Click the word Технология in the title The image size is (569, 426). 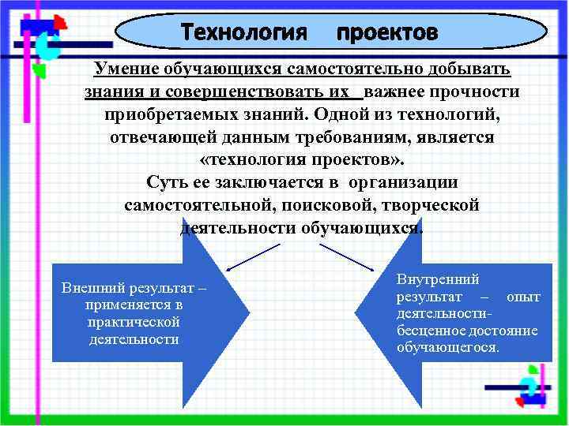243,32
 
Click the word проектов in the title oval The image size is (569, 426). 386,32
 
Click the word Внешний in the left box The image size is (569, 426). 87,288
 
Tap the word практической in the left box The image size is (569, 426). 134,322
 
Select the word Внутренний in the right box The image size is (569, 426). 437,279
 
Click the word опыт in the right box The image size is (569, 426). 522,297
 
